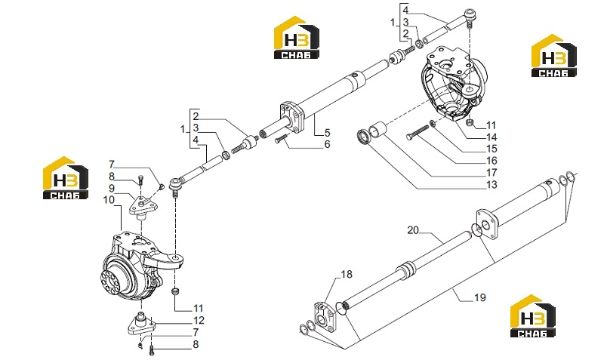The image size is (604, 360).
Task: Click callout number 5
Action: click(327, 133)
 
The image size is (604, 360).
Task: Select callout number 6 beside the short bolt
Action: click(327, 144)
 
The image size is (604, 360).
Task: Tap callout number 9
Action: click(111, 188)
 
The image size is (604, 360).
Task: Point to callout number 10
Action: click(109, 200)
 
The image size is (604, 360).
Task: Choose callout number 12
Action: click(199, 320)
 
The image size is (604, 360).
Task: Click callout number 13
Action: click(492, 184)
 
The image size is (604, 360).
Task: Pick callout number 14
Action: click(492, 137)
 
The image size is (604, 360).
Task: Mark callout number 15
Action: click(492, 149)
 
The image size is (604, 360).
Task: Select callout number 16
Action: click(492, 161)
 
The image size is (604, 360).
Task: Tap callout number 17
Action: click(492, 173)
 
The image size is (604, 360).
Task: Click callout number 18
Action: click(347, 274)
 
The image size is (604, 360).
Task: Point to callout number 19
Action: click(480, 297)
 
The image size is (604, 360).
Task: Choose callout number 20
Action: click(413, 230)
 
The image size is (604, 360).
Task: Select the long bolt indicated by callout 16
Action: click(418, 132)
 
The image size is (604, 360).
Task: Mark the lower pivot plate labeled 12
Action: click(142, 325)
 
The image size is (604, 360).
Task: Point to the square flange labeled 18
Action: click(325, 316)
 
